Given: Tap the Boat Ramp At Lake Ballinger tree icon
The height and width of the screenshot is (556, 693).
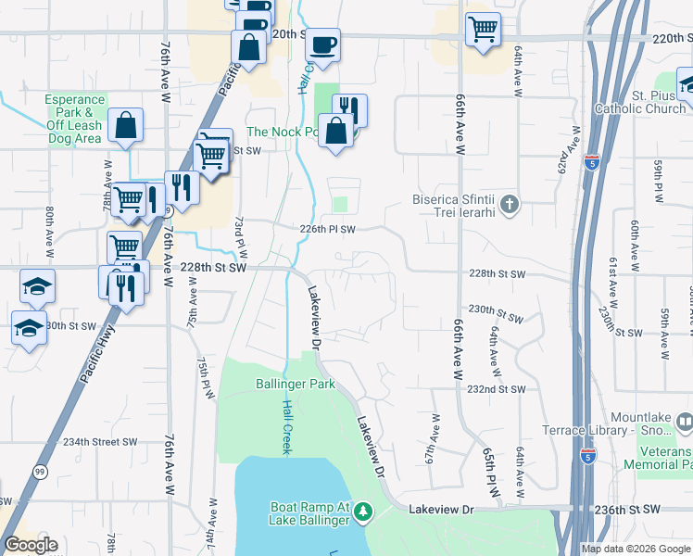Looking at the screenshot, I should (364, 511).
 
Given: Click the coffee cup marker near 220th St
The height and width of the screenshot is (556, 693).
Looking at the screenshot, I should (322, 45).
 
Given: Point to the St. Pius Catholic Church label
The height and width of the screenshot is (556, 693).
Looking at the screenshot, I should (647, 102).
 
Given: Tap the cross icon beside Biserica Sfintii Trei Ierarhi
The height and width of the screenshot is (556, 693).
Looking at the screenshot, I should (510, 203).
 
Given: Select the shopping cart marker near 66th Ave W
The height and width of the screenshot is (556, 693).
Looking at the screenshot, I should (484, 31).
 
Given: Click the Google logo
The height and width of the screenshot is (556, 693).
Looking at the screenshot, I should (31, 545).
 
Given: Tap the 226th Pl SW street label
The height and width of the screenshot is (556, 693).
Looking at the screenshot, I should (328, 229).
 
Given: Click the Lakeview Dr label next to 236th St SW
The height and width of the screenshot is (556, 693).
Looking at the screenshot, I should (441, 510).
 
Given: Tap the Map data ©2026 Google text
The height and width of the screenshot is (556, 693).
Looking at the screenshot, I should (636, 549).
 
